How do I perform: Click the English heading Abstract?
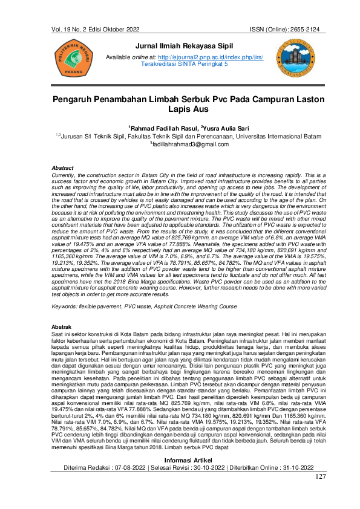(63, 167)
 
